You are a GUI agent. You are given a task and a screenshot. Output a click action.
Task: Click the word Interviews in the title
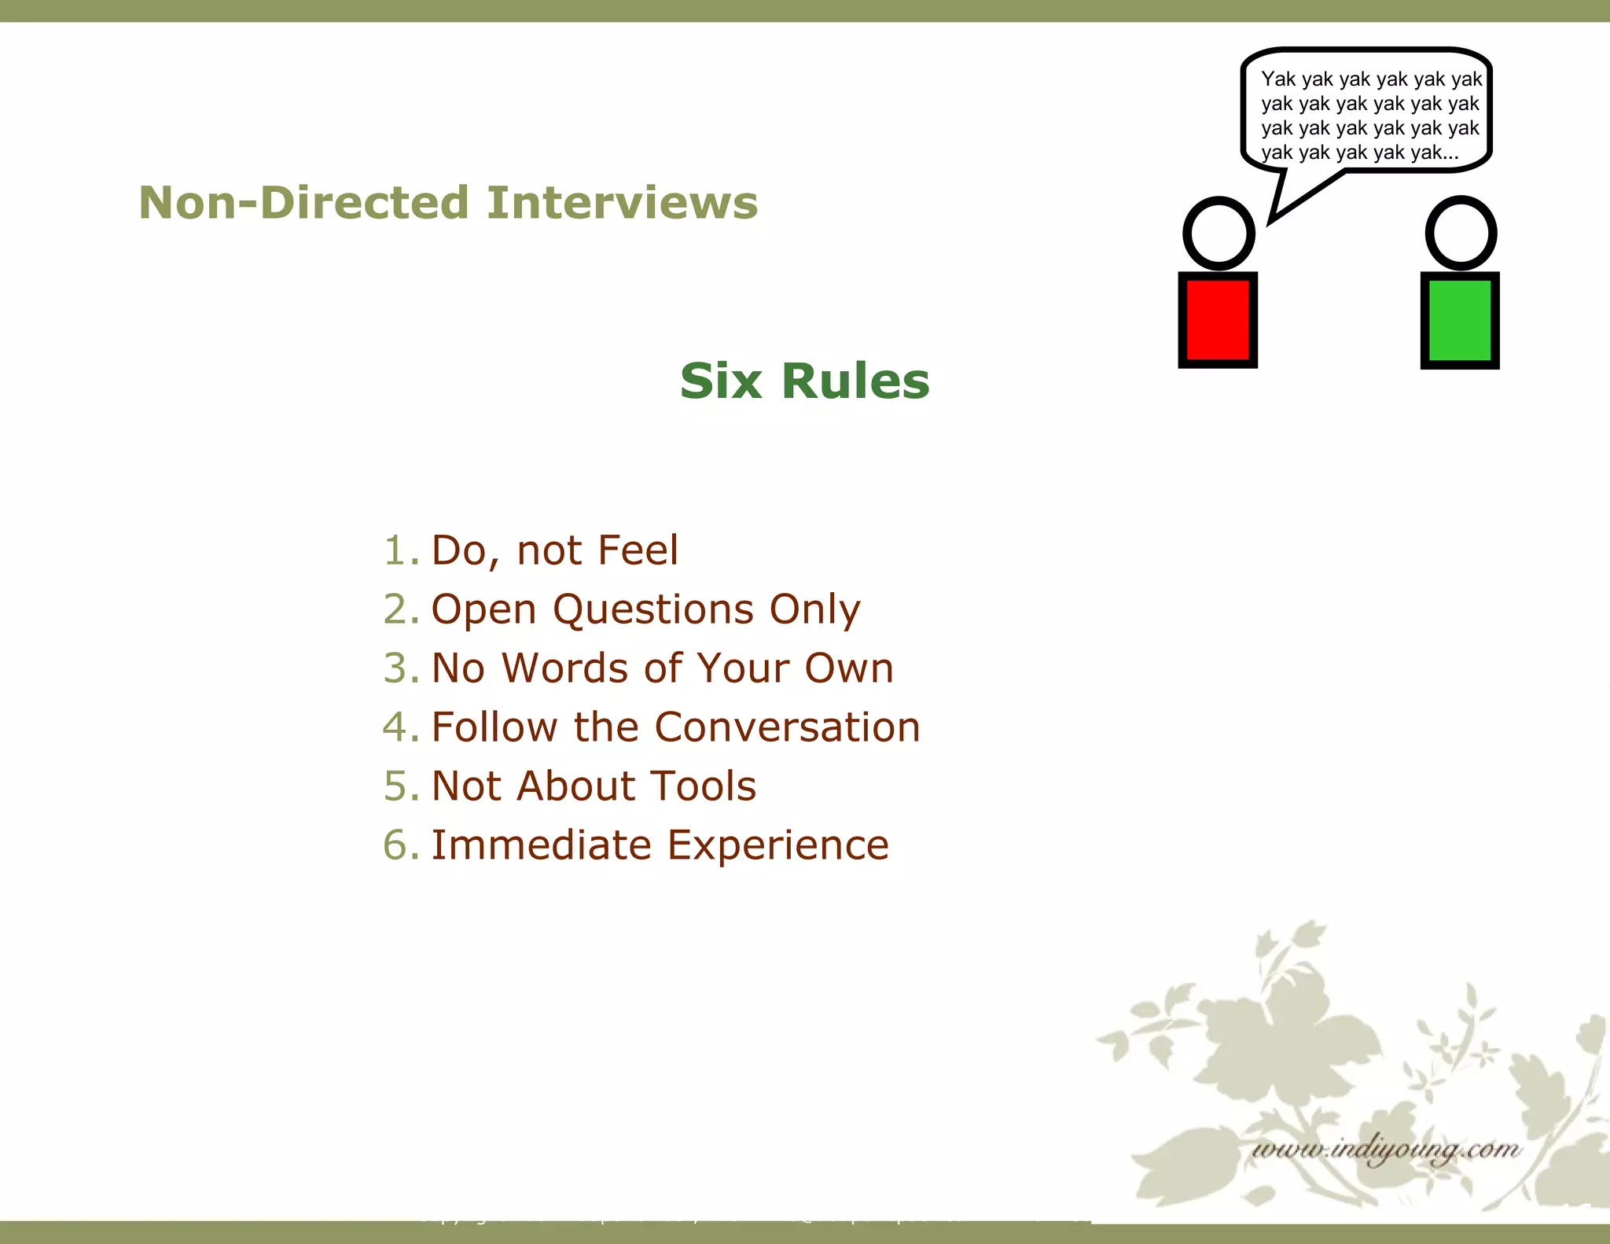pyautogui.click(x=622, y=203)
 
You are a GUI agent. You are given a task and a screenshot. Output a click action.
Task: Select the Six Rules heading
pyautogui.click(x=804, y=381)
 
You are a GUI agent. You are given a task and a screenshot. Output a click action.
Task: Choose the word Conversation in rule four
pyautogui.click(x=787, y=727)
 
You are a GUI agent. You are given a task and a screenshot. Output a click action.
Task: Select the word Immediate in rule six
pyautogui.click(x=541, y=845)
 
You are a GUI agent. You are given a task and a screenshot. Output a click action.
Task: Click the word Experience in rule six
pyautogui.click(x=777, y=845)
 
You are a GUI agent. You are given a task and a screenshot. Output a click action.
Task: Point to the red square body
pyautogui.click(x=1218, y=320)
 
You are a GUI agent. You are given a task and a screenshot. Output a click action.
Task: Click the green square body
pyautogui.click(x=1460, y=320)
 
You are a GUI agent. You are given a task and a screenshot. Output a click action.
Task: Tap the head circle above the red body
pyautogui.click(x=1219, y=234)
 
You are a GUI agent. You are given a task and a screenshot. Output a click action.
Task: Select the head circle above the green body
pyautogui.click(x=1461, y=234)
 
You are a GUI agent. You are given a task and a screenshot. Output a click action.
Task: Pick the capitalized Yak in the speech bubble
pyautogui.click(x=1278, y=79)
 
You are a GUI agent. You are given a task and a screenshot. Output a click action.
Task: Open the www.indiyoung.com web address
pyautogui.click(x=1386, y=1150)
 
